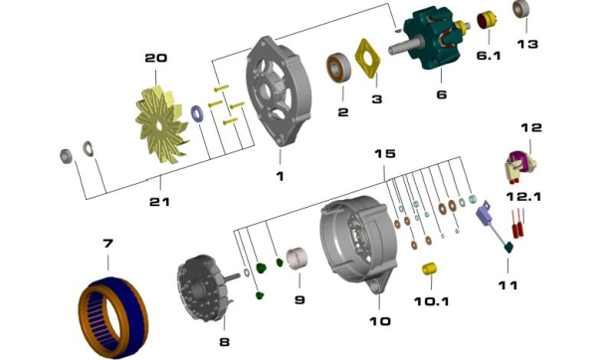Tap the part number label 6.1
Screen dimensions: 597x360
[489, 56]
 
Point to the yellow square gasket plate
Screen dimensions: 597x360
[368, 59]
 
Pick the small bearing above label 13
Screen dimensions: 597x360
[519, 9]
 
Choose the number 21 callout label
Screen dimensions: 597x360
[159, 202]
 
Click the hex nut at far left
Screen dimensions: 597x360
[67, 156]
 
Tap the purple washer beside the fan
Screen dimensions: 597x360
[197, 113]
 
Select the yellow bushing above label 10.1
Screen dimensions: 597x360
[430, 270]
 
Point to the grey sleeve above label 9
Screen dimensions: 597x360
[298, 259]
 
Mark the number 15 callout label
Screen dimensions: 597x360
[385, 153]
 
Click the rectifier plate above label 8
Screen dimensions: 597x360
[204, 288]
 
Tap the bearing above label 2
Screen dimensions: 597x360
[338, 69]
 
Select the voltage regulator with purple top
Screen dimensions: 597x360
[520, 166]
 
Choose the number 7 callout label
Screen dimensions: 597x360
[108, 243]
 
